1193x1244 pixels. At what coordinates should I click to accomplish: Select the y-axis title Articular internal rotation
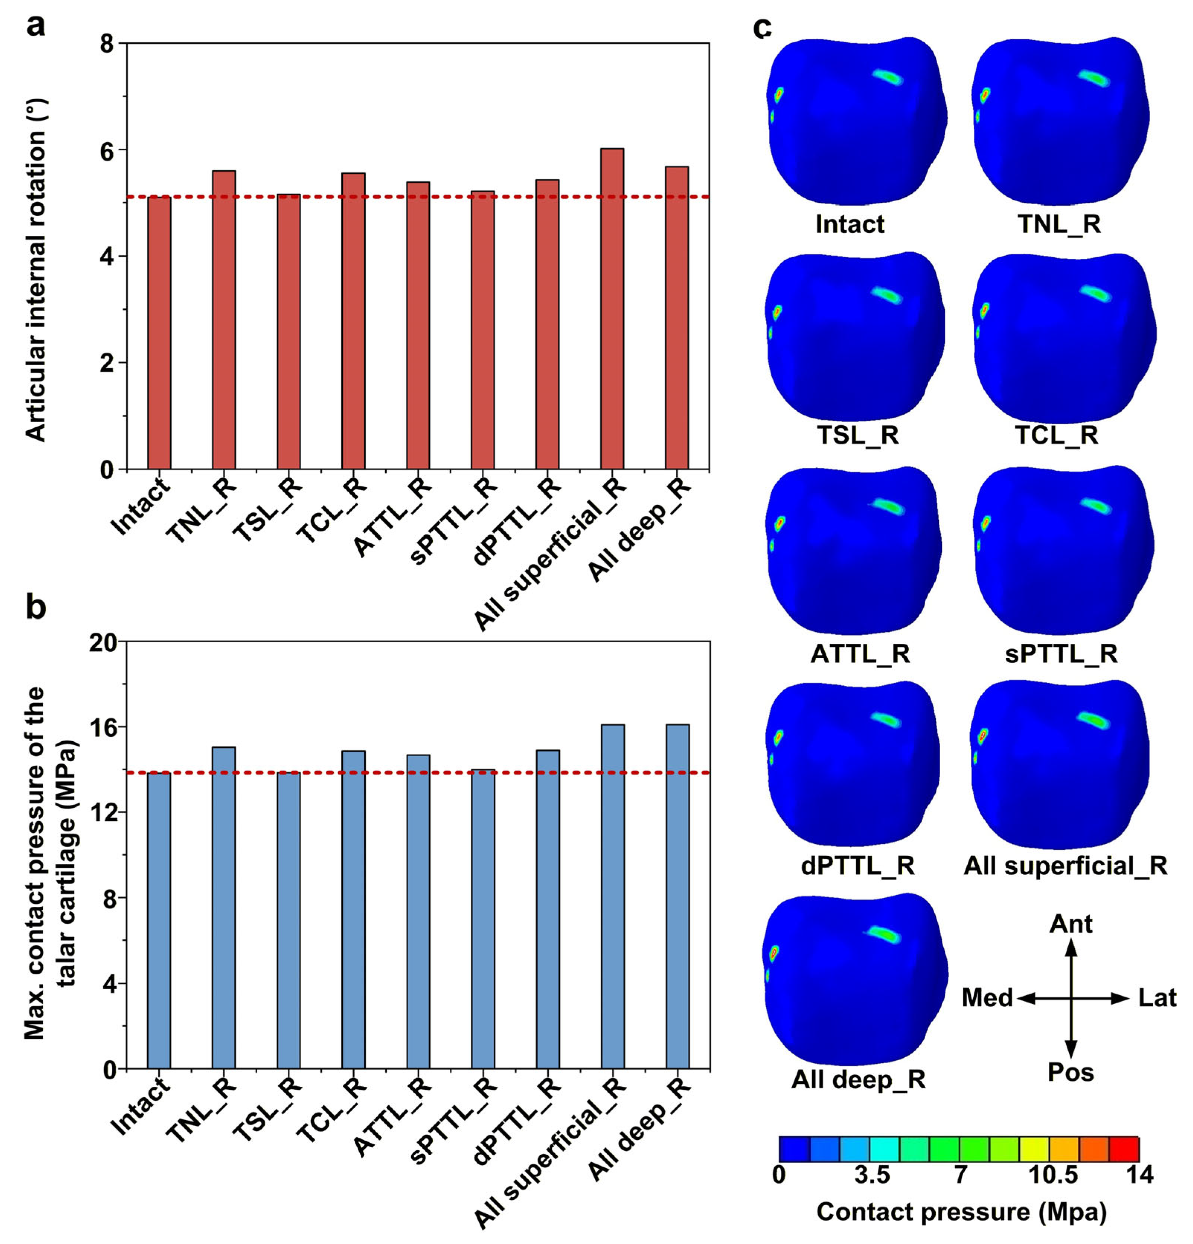click(37, 256)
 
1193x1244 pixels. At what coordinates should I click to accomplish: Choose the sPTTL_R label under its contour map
click(1061, 653)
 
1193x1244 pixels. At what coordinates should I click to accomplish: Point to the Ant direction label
click(1071, 923)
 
